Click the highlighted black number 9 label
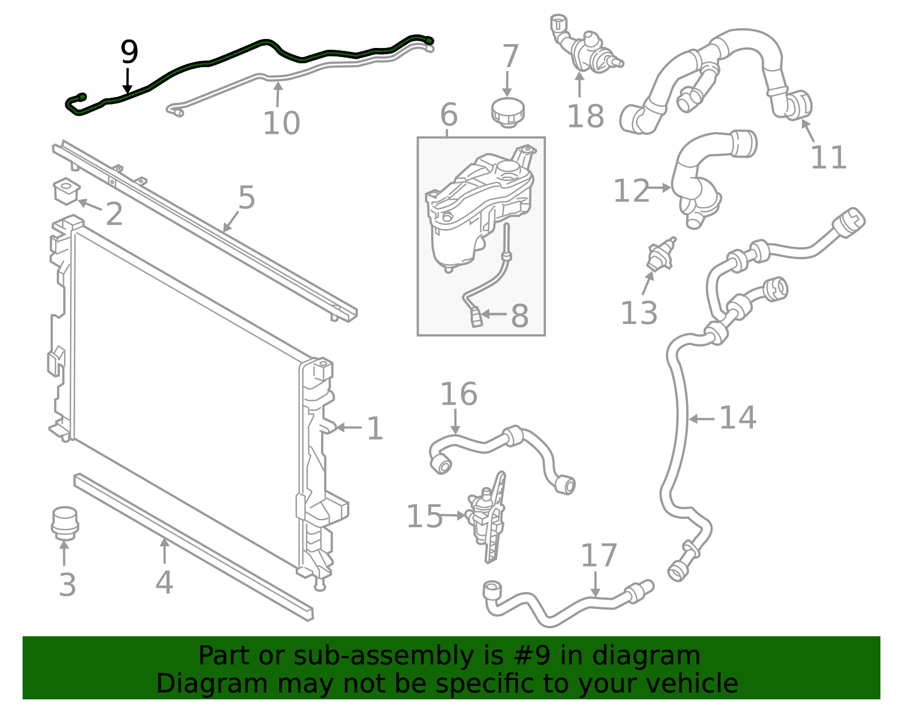129,52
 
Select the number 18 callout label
585,116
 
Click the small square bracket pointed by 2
66,191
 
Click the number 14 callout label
738,418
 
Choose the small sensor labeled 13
661,255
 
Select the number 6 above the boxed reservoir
449,115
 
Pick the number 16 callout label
458,394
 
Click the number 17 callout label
599,555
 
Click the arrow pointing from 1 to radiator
348,428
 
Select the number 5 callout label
247,198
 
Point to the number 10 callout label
281,123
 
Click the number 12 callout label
631,191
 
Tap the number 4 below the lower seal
164,583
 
